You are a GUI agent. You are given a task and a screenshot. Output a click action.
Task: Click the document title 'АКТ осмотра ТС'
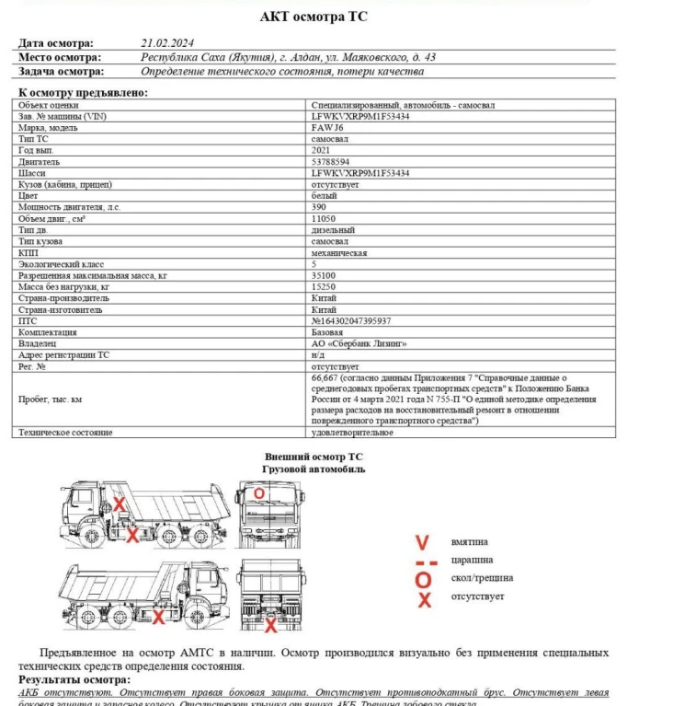pyautogui.click(x=315, y=17)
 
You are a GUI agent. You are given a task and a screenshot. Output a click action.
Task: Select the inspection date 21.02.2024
pyautogui.click(x=168, y=42)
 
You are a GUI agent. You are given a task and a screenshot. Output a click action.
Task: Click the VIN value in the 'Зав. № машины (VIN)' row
pyautogui.click(x=360, y=117)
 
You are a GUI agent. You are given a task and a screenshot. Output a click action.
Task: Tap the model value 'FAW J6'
pyautogui.click(x=329, y=128)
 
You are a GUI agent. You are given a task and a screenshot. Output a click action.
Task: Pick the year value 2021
pyautogui.click(x=322, y=150)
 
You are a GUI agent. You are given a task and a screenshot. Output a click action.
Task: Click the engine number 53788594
pyautogui.click(x=331, y=161)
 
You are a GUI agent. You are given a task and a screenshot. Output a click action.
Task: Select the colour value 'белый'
pyautogui.click(x=325, y=195)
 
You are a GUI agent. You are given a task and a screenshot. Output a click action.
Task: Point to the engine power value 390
pyautogui.click(x=319, y=207)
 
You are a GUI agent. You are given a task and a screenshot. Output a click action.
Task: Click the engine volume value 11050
pyautogui.click(x=324, y=218)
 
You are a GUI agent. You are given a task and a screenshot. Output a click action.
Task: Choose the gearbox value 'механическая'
pyautogui.click(x=339, y=252)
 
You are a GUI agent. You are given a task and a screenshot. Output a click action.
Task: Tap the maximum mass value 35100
pyautogui.click(x=324, y=275)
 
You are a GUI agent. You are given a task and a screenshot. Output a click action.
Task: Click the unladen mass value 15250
pyautogui.click(x=324, y=286)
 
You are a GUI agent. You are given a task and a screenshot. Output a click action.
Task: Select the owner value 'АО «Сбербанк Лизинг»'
pyautogui.click(x=359, y=342)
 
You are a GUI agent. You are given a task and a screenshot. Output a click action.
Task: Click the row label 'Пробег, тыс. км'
pyautogui.click(x=51, y=399)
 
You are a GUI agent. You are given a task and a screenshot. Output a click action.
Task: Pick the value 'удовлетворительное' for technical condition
pyautogui.click(x=352, y=432)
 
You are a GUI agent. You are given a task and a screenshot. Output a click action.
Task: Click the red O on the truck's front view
pyautogui.click(x=259, y=493)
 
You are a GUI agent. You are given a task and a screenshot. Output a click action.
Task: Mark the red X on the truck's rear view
pyautogui.click(x=270, y=625)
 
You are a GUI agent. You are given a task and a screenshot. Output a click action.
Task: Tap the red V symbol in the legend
pyautogui.click(x=422, y=542)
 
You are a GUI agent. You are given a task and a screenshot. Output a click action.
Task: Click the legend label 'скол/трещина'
pyautogui.click(x=482, y=578)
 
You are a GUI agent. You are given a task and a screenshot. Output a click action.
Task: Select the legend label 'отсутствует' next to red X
pyautogui.click(x=477, y=596)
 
